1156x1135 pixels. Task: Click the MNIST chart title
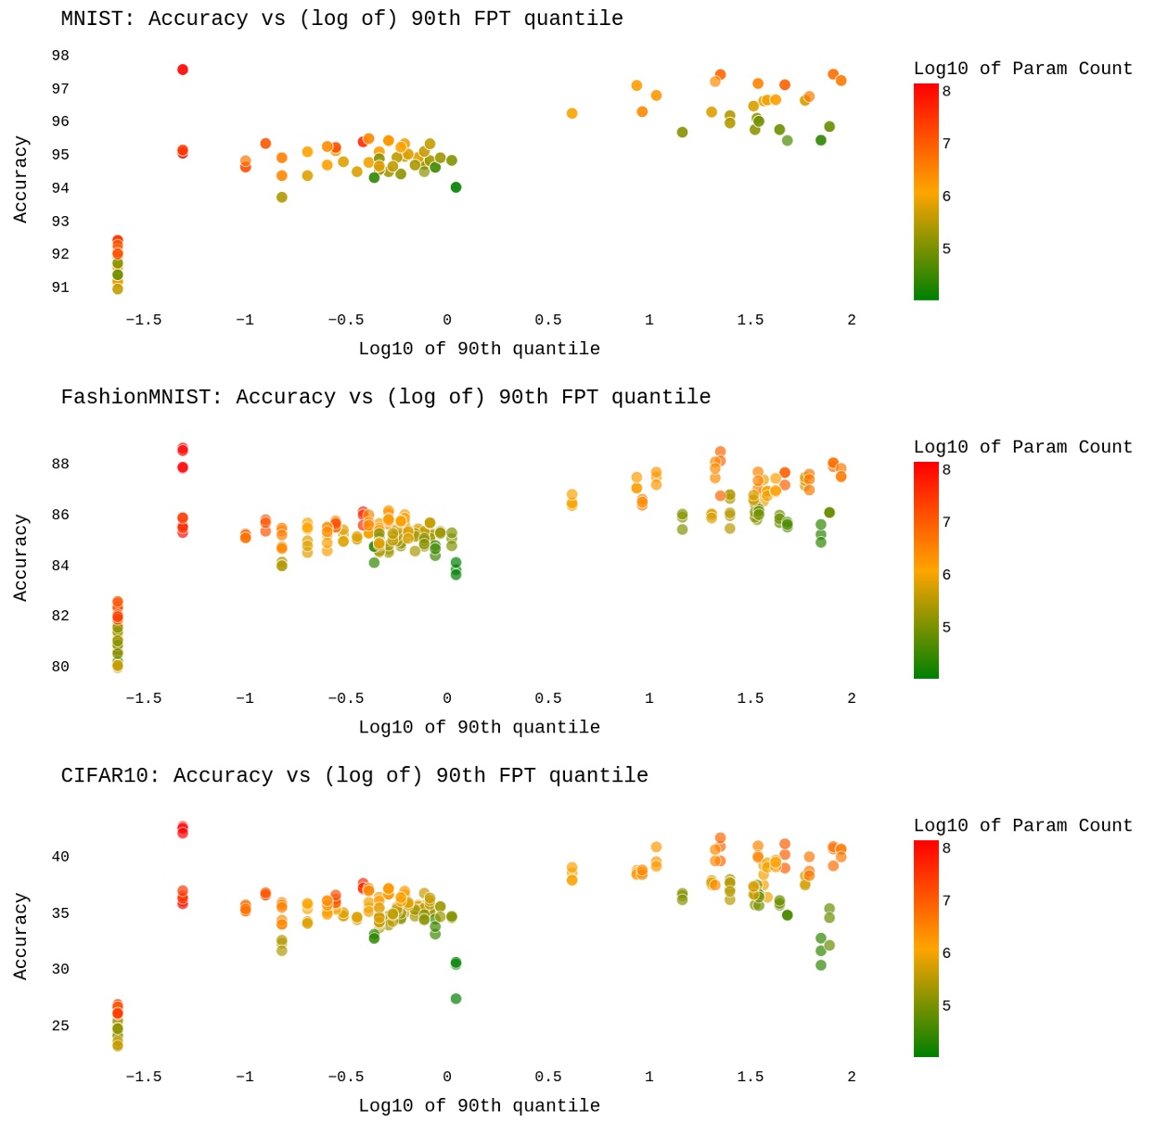click(x=341, y=19)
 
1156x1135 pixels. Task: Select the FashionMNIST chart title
click(x=385, y=397)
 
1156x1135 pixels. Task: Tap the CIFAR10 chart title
click(x=354, y=775)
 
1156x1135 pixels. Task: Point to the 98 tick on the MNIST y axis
click(x=60, y=56)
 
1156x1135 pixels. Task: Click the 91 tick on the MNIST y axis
click(x=60, y=287)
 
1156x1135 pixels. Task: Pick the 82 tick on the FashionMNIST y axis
click(x=60, y=616)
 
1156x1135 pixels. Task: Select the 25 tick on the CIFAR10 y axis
click(x=60, y=1026)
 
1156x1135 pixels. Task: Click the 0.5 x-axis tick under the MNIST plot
click(x=547, y=320)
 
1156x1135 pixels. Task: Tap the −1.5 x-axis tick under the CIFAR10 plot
click(x=143, y=1077)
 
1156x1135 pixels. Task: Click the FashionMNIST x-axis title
click(x=479, y=727)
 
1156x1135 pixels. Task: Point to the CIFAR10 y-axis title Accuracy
click(x=20, y=936)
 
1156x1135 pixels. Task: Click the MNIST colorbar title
click(x=1022, y=69)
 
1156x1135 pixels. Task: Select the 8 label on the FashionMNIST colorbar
click(x=946, y=469)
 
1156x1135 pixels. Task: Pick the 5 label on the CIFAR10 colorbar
click(x=946, y=1005)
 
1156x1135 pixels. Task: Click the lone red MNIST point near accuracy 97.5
click(x=183, y=70)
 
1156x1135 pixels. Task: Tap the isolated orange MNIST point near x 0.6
click(x=572, y=113)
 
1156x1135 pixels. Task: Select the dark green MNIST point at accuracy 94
click(x=456, y=187)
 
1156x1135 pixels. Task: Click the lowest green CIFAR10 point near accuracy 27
click(x=456, y=999)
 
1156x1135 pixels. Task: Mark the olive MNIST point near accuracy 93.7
click(x=282, y=197)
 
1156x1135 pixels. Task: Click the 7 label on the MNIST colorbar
click(x=946, y=143)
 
